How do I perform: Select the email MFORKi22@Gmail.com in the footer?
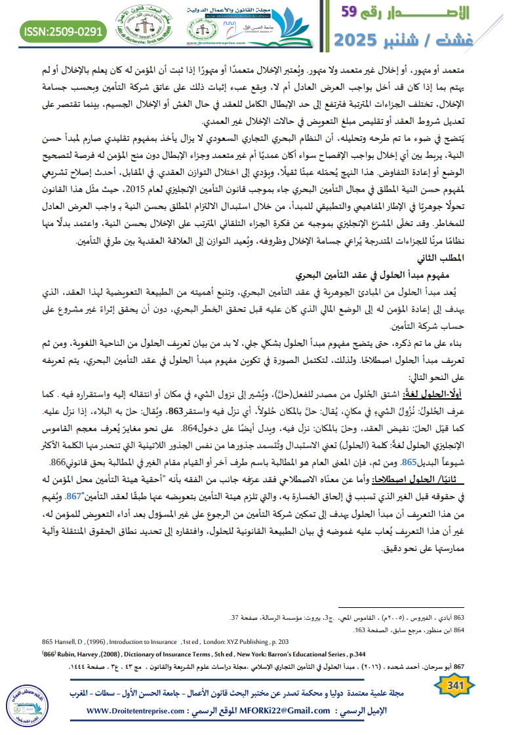point(276,711)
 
